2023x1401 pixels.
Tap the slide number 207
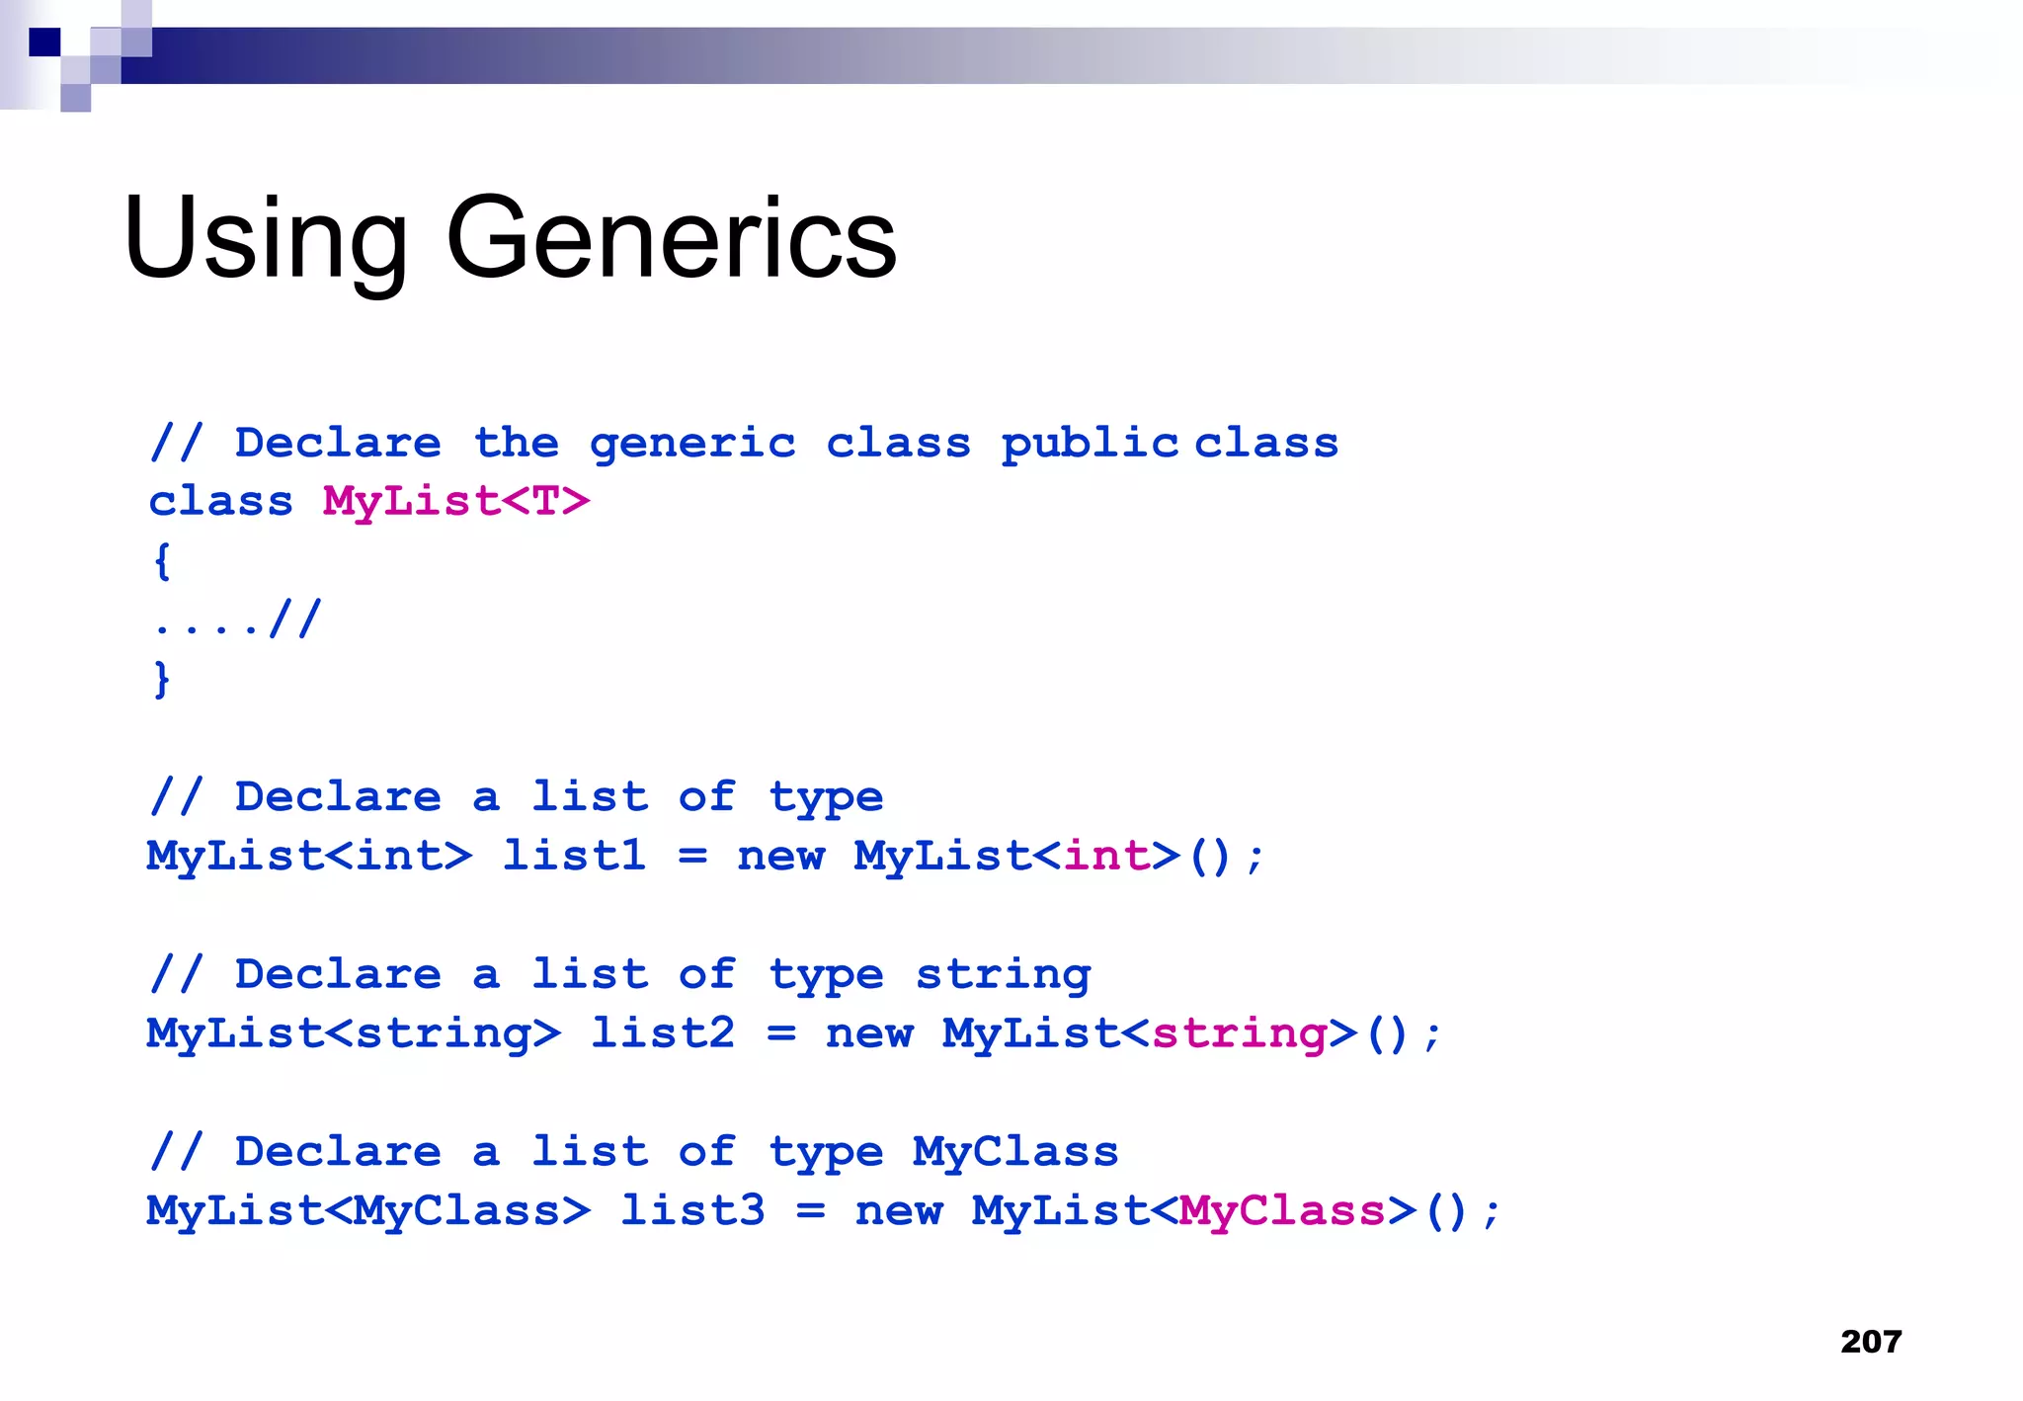point(1871,1341)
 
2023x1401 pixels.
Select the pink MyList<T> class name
point(455,502)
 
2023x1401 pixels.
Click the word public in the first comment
point(1089,444)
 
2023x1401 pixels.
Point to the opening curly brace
point(162,561)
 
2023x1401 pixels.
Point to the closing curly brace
point(162,680)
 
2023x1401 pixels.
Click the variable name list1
point(574,856)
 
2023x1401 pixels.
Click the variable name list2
point(662,1033)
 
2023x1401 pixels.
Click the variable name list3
point(691,1211)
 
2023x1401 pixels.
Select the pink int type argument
point(1106,856)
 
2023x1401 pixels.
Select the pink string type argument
point(1239,1033)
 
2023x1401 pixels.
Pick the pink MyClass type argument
point(1282,1211)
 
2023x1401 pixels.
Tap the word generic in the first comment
point(691,444)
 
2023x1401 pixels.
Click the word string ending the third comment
point(1003,975)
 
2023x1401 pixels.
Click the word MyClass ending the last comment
point(1015,1152)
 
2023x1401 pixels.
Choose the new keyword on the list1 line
point(780,856)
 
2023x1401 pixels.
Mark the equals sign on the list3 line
point(810,1211)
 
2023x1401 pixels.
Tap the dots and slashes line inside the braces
point(237,620)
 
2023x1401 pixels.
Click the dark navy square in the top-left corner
point(44,42)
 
